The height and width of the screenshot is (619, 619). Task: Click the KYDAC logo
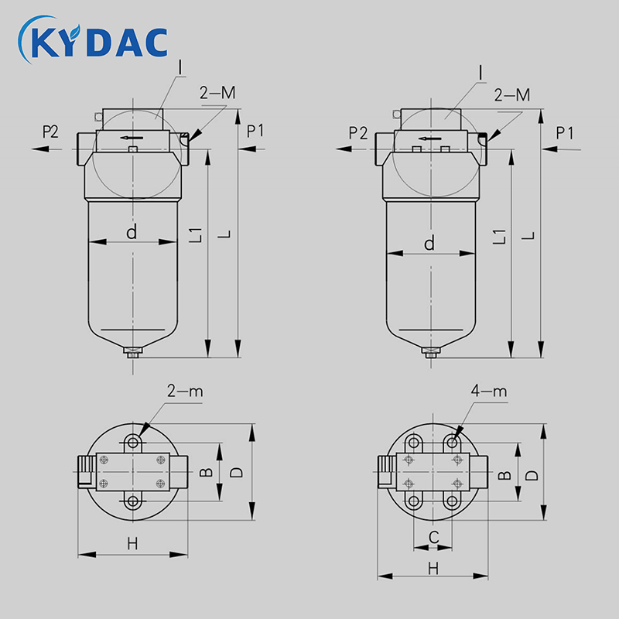click(93, 39)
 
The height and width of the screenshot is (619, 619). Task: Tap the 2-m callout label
click(185, 391)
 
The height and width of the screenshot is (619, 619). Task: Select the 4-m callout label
click(489, 391)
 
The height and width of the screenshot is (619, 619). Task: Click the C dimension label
click(433, 537)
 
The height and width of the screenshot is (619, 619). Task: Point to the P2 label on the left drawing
click(50, 132)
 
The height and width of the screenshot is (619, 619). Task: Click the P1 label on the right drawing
click(565, 133)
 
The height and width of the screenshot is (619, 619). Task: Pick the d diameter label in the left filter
click(132, 231)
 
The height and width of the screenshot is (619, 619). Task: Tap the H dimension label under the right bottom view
click(433, 569)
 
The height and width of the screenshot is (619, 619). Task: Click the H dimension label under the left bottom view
click(132, 544)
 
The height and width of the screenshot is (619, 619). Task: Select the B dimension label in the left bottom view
click(206, 472)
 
